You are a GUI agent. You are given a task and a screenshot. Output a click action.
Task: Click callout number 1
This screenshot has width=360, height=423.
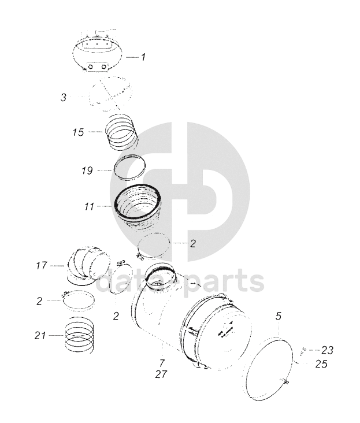click(x=143, y=57)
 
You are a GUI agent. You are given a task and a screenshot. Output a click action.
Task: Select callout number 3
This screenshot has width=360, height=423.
click(x=64, y=97)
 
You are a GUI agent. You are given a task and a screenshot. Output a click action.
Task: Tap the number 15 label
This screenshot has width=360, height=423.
click(x=78, y=132)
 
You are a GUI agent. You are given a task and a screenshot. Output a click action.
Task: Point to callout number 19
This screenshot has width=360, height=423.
click(x=87, y=170)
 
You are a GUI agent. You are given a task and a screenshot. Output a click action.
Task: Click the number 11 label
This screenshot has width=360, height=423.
click(x=89, y=207)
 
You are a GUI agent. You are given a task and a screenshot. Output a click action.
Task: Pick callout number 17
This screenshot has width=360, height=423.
click(x=42, y=266)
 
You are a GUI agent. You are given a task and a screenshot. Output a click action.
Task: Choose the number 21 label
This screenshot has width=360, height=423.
click(x=40, y=336)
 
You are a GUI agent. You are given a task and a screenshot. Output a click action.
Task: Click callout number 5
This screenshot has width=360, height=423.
click(x=279, y=316)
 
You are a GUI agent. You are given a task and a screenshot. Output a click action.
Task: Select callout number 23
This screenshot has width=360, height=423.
click(x=327, y=350)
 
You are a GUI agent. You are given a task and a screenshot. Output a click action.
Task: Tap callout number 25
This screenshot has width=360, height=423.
click(x=321, y=364)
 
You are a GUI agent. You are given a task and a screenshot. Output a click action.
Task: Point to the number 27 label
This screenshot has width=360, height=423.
click(x=161, y=374)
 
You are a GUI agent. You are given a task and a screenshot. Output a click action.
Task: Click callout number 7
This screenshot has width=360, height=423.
click(x=162, y=363)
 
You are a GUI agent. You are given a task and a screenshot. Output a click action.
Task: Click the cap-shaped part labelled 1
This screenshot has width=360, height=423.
click(x=97, y=54)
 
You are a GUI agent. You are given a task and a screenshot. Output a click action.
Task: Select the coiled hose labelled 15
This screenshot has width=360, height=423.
click(x=121, y=131)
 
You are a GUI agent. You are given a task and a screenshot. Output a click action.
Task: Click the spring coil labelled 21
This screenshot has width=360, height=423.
click(x=80, y=335)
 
